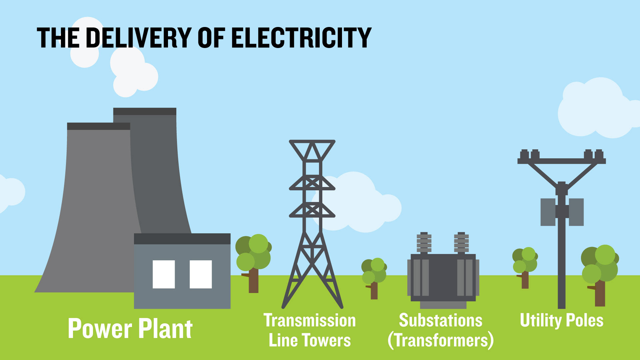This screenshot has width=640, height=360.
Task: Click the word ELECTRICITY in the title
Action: click(x=301, y=38)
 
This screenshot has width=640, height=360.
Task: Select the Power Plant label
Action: click(x=130, y=329)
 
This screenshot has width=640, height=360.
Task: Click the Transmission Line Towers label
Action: click(x=310, y=330)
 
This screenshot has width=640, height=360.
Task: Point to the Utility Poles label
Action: click(x=562, y=320)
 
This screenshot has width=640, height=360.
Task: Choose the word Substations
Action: click(x=441, y=320)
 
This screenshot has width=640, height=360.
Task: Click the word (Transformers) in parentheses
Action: click(x=441, y=340)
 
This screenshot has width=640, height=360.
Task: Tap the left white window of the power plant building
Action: click(x=164, y=274)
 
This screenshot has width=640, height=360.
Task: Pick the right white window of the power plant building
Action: click(x=201, y=274)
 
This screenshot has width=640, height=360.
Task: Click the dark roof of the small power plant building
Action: click(x=182, y=239)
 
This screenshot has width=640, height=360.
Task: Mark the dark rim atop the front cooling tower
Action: click(x=99, y=126)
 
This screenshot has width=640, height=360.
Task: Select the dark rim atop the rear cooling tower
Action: click(x=145, y=111)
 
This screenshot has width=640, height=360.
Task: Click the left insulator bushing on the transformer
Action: click(x=424, y=243)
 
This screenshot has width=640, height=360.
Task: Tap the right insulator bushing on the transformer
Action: click(x=461, y=243)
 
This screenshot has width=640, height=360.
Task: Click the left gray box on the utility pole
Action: click(x=548, y=212)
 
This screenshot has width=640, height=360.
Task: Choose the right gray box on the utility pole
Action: click(x=576, y=212)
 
